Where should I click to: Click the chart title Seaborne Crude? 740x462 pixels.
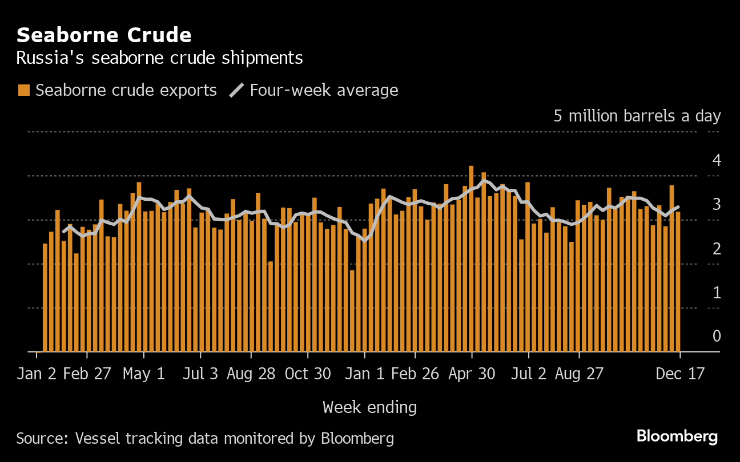pos(104,35)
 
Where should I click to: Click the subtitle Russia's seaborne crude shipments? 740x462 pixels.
pos(159,58)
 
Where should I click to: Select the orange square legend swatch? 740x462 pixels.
pos(24,90)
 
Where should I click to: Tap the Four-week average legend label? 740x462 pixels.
pos(324,90)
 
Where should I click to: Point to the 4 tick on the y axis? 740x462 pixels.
pos(717,160)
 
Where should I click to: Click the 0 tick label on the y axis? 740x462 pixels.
pos(717,336)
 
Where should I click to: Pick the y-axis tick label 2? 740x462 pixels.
pos(717,248)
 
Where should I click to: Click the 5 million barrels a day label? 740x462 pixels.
pos(637,116)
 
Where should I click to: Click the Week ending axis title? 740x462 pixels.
pos(369,407)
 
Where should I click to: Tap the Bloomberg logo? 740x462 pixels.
pos(677,437)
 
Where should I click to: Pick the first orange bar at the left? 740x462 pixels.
pos(45,297)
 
